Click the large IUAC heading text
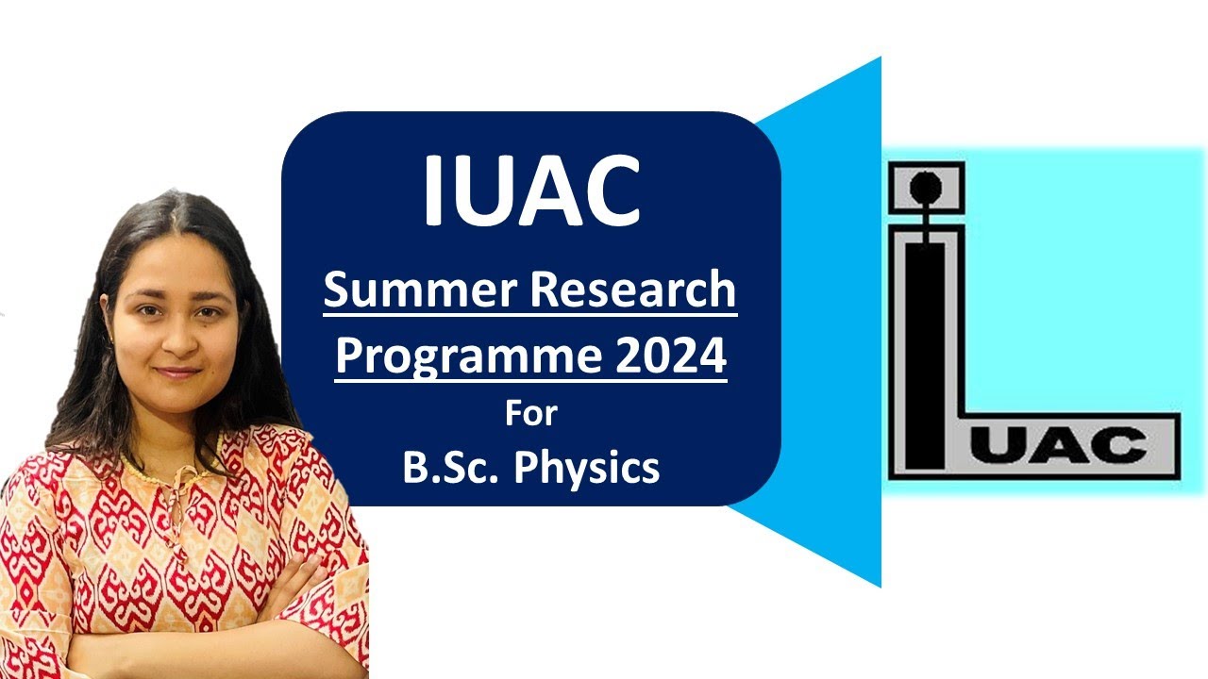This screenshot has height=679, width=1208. click(531, 192)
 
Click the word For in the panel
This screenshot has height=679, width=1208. click(530, 414)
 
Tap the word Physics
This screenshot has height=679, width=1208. click(586, 469)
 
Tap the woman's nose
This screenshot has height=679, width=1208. click(173, 344)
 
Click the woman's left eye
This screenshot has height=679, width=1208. click(206, 316)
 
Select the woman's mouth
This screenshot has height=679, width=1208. click(176, 373)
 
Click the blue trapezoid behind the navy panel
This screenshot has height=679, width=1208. click(830, 321)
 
